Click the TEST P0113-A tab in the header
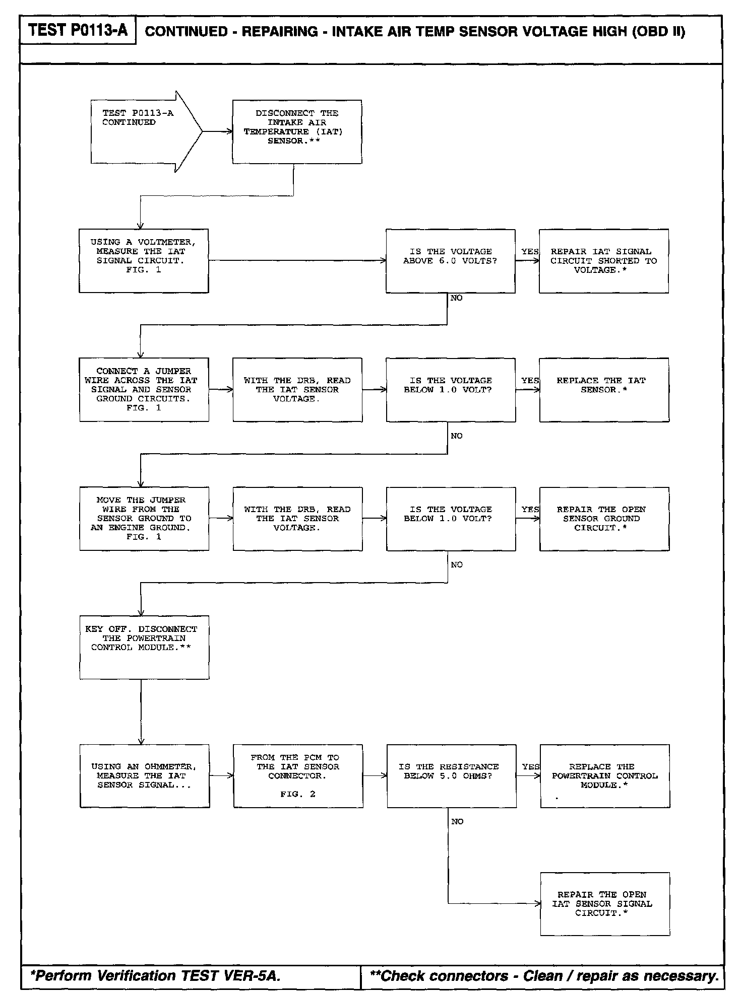[78, 31]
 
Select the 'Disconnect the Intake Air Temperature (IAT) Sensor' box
[297, 131]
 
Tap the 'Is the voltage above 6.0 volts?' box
[450, 261]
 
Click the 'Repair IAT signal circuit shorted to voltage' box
[603, 261]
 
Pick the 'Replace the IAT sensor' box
[604, 390]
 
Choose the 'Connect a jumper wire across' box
[144, 390]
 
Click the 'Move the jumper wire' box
[144, 519]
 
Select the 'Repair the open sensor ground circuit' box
[604, 519]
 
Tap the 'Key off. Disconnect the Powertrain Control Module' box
[144, 647]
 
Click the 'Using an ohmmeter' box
[145, 776]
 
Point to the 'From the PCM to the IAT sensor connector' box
[298, 776]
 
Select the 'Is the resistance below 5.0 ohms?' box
[451, 776]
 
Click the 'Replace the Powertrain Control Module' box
[605, 776]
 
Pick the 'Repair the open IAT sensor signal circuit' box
[605, 904]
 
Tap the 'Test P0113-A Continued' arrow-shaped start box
[141, 131]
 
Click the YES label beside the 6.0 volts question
[529, 251]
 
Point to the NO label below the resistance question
[457, 822]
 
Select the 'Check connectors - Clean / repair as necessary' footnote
[543, 976]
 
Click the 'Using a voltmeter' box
[144, 261]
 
